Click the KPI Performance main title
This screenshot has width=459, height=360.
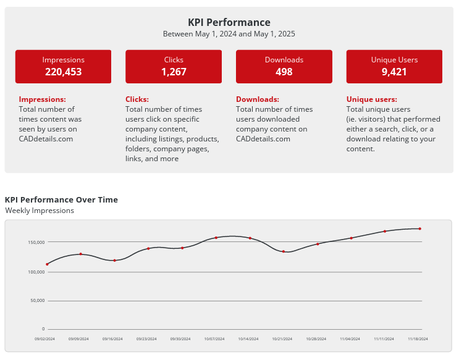click(229, 22)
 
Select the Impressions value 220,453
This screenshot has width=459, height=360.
click(63, 72)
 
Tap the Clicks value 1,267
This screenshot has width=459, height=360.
click(174, 72)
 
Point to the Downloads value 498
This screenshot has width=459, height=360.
click(284, 72)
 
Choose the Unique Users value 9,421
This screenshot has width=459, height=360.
click(394, 72)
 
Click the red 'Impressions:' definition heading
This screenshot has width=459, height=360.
click(42, 99)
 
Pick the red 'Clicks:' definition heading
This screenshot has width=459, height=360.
click(137, 99)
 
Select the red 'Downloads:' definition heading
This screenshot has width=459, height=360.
click(258, 99)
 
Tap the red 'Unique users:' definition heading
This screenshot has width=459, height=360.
click(372, 99)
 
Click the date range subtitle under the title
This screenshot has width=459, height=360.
click(229, 34)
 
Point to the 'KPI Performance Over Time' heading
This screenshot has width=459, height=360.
click(61, 199)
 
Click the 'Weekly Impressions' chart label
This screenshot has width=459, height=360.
click(40, 211)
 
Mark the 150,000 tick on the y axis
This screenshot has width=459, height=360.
click(36, 242)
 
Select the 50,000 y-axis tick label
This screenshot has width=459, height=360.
click(38, 301)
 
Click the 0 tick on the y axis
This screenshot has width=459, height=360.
click(43, 329)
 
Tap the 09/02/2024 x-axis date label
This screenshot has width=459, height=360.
click(44, 339)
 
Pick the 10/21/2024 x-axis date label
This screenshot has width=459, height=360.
click(282, 339)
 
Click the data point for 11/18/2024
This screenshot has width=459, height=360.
click(419, 228)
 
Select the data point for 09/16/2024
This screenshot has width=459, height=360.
click(115, 261)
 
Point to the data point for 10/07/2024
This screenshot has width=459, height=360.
click(216, 238)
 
